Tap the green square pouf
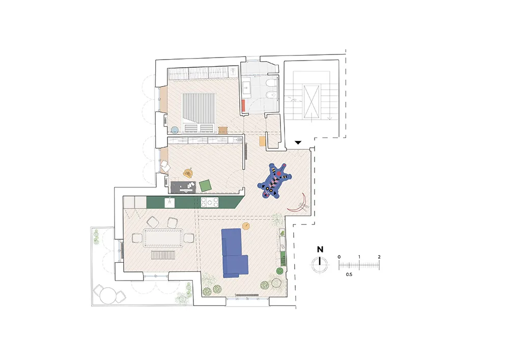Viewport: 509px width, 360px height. point(205,186)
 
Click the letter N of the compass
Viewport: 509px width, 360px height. point(320,250)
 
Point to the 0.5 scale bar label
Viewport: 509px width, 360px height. point(349,274)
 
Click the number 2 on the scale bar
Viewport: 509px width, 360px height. point(379,257)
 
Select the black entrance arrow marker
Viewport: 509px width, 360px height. point(298,143)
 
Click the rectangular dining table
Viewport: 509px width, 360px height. point(163,238)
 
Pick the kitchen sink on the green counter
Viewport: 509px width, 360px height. point(169,203)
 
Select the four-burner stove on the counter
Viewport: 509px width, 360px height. point(210,203)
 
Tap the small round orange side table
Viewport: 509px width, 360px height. point(246,226)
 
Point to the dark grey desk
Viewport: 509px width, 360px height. point(183,187)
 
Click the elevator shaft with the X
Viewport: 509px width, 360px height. point(312,101)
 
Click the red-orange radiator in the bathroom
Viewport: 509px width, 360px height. point(243,105)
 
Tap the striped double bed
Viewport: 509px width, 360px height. point(199,113)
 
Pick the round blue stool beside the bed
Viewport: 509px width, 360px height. point(175,130)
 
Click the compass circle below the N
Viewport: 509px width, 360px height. point(320,265)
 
